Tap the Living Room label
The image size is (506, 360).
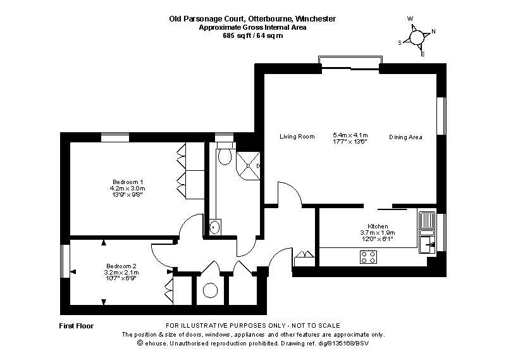click(297, 137)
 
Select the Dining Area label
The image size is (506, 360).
click(405, 137)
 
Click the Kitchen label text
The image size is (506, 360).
click(378, 227)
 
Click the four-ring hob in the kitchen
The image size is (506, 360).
click(369, 256)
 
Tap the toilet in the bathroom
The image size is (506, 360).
click(225, 156)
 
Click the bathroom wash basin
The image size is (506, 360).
click(215, 226)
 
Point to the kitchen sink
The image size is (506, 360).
click(426, 221)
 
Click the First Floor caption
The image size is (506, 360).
click(77, 326)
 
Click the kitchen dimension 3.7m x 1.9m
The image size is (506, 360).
click(378, 233)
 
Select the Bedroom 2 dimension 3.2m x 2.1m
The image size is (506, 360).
click(122, 273)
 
